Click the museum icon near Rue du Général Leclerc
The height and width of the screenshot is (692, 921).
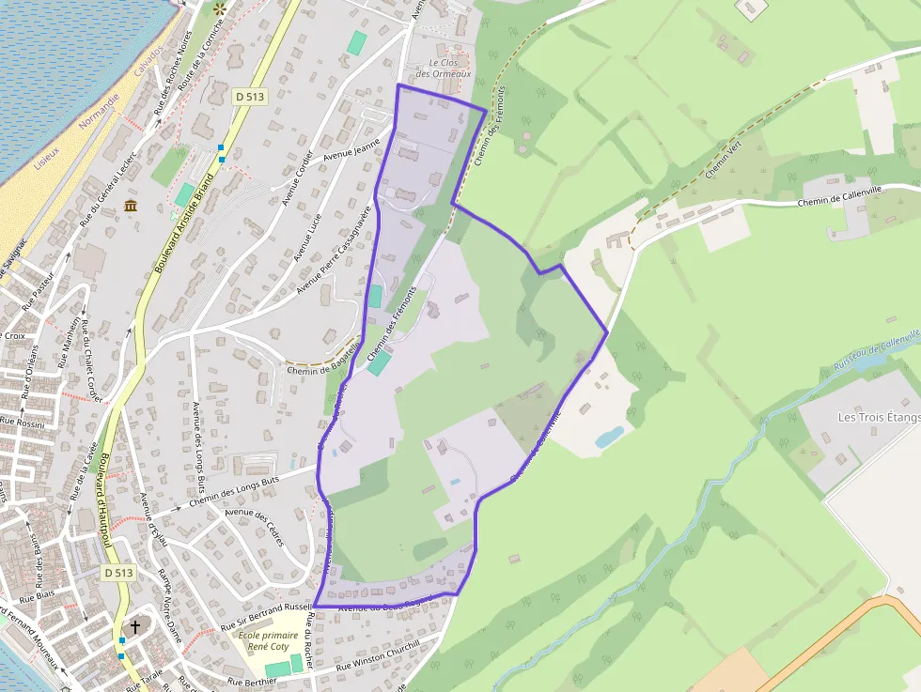pos(130,205)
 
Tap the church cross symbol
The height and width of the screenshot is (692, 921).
pos(134,626)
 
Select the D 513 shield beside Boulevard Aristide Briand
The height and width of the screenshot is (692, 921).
pos(250,97)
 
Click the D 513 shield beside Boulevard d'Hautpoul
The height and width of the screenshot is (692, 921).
pos(119,572)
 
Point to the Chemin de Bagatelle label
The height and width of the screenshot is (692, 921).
pos(322,369)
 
